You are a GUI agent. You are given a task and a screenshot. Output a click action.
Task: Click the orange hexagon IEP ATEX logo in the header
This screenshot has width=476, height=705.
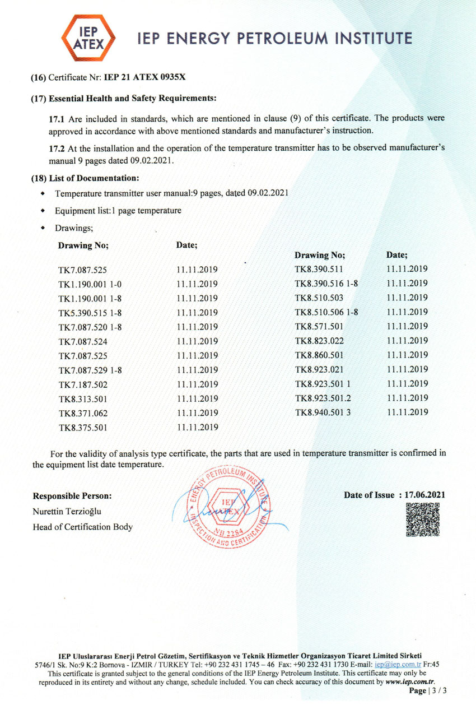point(88,38)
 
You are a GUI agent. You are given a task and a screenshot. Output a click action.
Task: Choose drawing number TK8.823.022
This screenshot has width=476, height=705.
point(319,340)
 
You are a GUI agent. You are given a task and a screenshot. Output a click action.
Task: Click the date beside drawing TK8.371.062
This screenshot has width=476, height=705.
point(197,414)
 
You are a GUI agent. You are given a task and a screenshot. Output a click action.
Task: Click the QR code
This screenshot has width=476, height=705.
point(422,520)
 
